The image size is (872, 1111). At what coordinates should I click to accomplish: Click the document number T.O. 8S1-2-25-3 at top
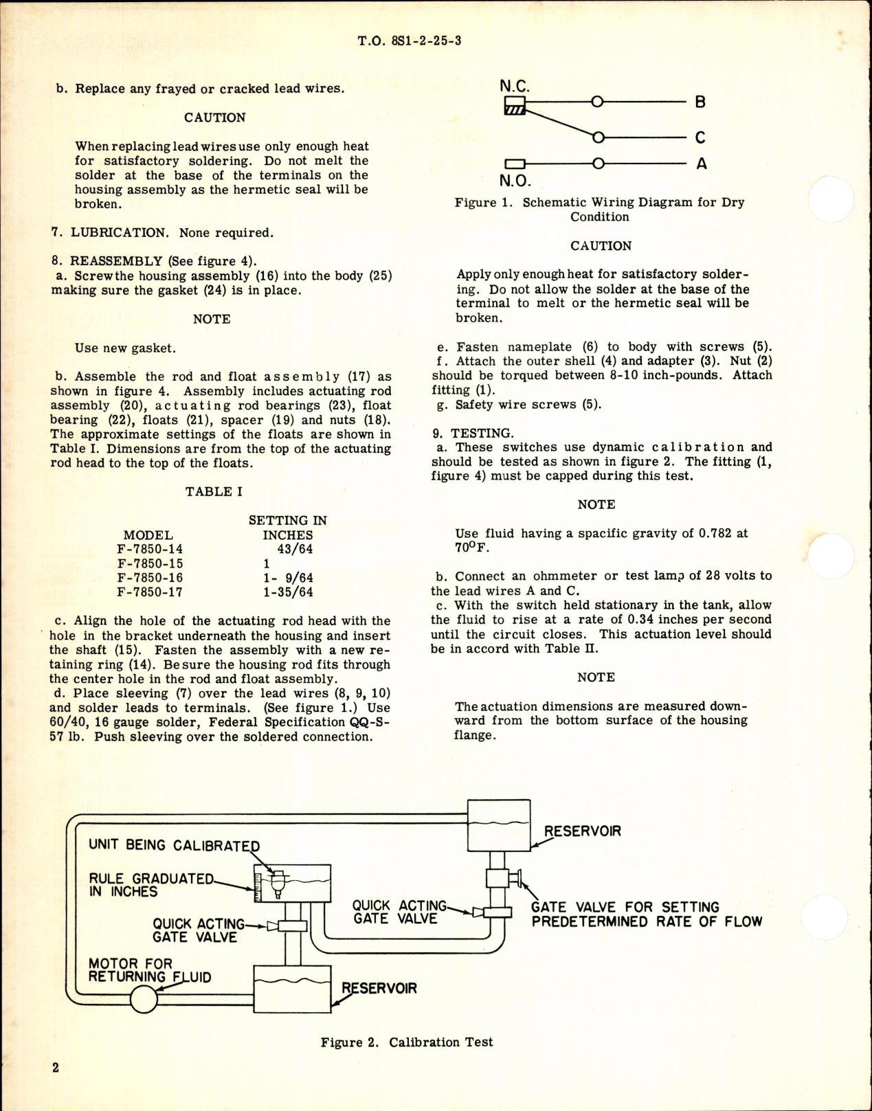coord(410,41)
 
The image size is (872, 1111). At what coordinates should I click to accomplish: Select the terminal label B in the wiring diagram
coord(700,102)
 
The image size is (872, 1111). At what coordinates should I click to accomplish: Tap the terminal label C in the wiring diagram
coord(700,137)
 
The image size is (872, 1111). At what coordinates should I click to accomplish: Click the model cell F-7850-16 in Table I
coord(150,578)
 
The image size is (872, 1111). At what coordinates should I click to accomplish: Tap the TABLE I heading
coord(214,491)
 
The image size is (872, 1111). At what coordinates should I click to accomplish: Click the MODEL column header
coord(148,535)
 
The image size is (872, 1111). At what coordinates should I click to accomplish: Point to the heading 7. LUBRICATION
coord(110,233)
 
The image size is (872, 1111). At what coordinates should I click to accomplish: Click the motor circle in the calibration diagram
coord(144,999)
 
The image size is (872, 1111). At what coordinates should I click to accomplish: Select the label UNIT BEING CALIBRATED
coord(175,845)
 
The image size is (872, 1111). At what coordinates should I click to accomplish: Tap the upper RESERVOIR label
coord(582,831)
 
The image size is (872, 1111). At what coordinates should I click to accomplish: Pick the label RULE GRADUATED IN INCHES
coord(151,885)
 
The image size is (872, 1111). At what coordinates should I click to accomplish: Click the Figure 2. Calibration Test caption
coord(407,1042)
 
